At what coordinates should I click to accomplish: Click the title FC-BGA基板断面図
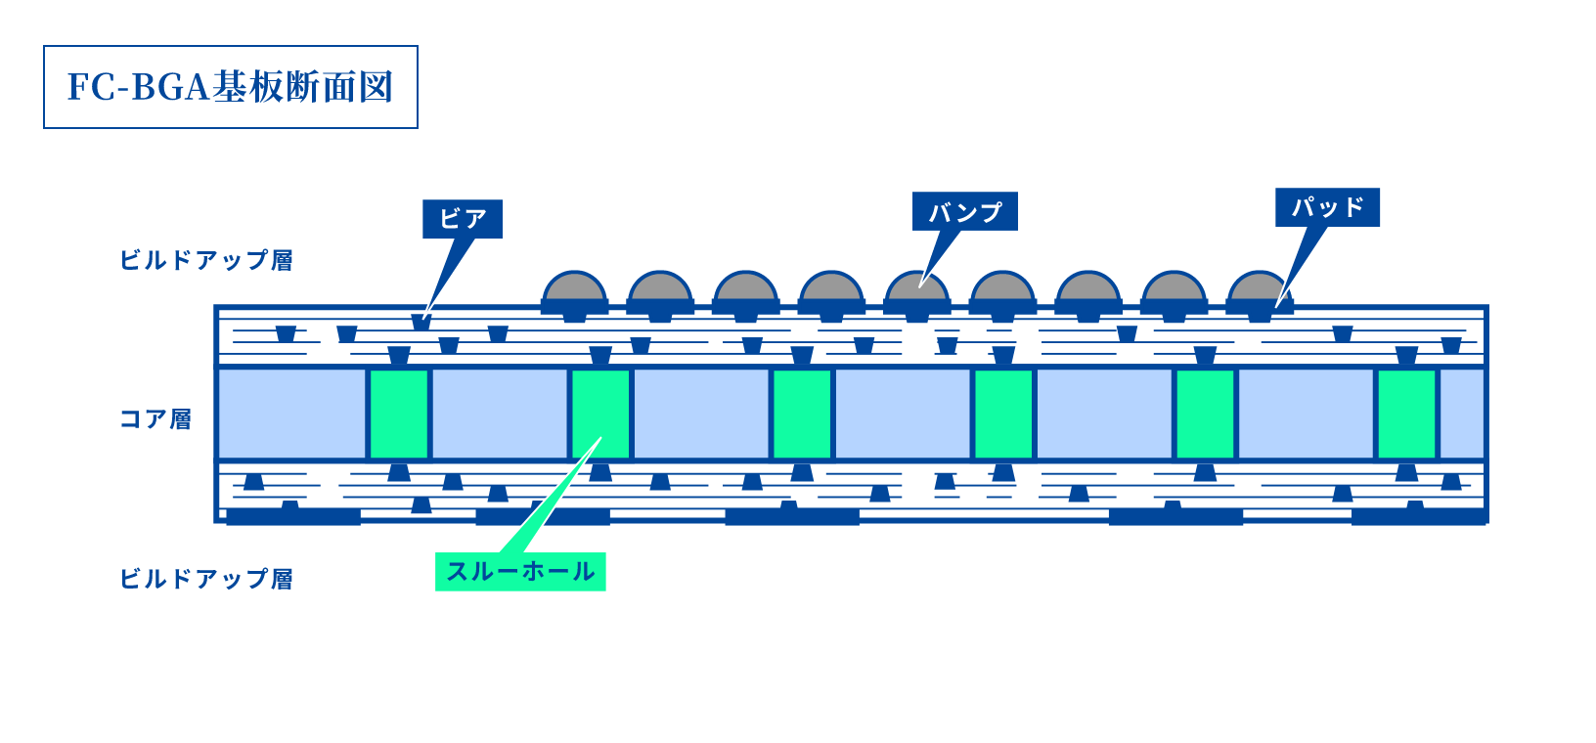click(x=231, y=87)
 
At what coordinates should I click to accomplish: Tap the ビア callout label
click(x=463, y=219)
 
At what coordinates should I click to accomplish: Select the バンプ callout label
click(x=965, y=211)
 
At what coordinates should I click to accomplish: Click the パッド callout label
click(x=1327, y=207)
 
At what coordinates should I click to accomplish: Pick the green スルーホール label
click(x=520, y=572)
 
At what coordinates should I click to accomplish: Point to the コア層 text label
click(x=155, y=419)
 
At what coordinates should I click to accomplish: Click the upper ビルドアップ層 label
click(x=206, y=260)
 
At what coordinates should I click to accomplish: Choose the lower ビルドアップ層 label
click(x=206, y=579)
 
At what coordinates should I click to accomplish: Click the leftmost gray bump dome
click(x=574, y=287)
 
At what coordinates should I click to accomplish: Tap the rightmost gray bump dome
click(x=1260, y=287)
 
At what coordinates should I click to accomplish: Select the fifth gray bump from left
click(x=916, y=287)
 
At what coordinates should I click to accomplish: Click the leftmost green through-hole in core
click(x=399, y=414)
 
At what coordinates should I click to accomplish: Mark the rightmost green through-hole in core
click(x=1406, y=414)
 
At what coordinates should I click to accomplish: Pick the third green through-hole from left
click(x=802, y=414)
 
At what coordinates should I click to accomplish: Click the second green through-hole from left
click(x=600, y=414)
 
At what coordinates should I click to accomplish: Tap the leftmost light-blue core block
click(x=291, y=414)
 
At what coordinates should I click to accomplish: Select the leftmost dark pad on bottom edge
click(x=293, y=516)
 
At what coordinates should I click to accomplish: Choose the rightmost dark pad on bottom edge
click(x=1418, y=516)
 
